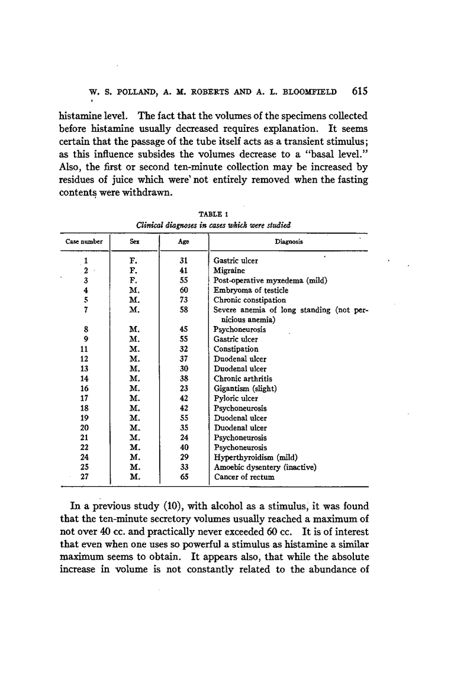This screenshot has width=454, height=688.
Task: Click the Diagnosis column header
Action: (287, 241)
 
